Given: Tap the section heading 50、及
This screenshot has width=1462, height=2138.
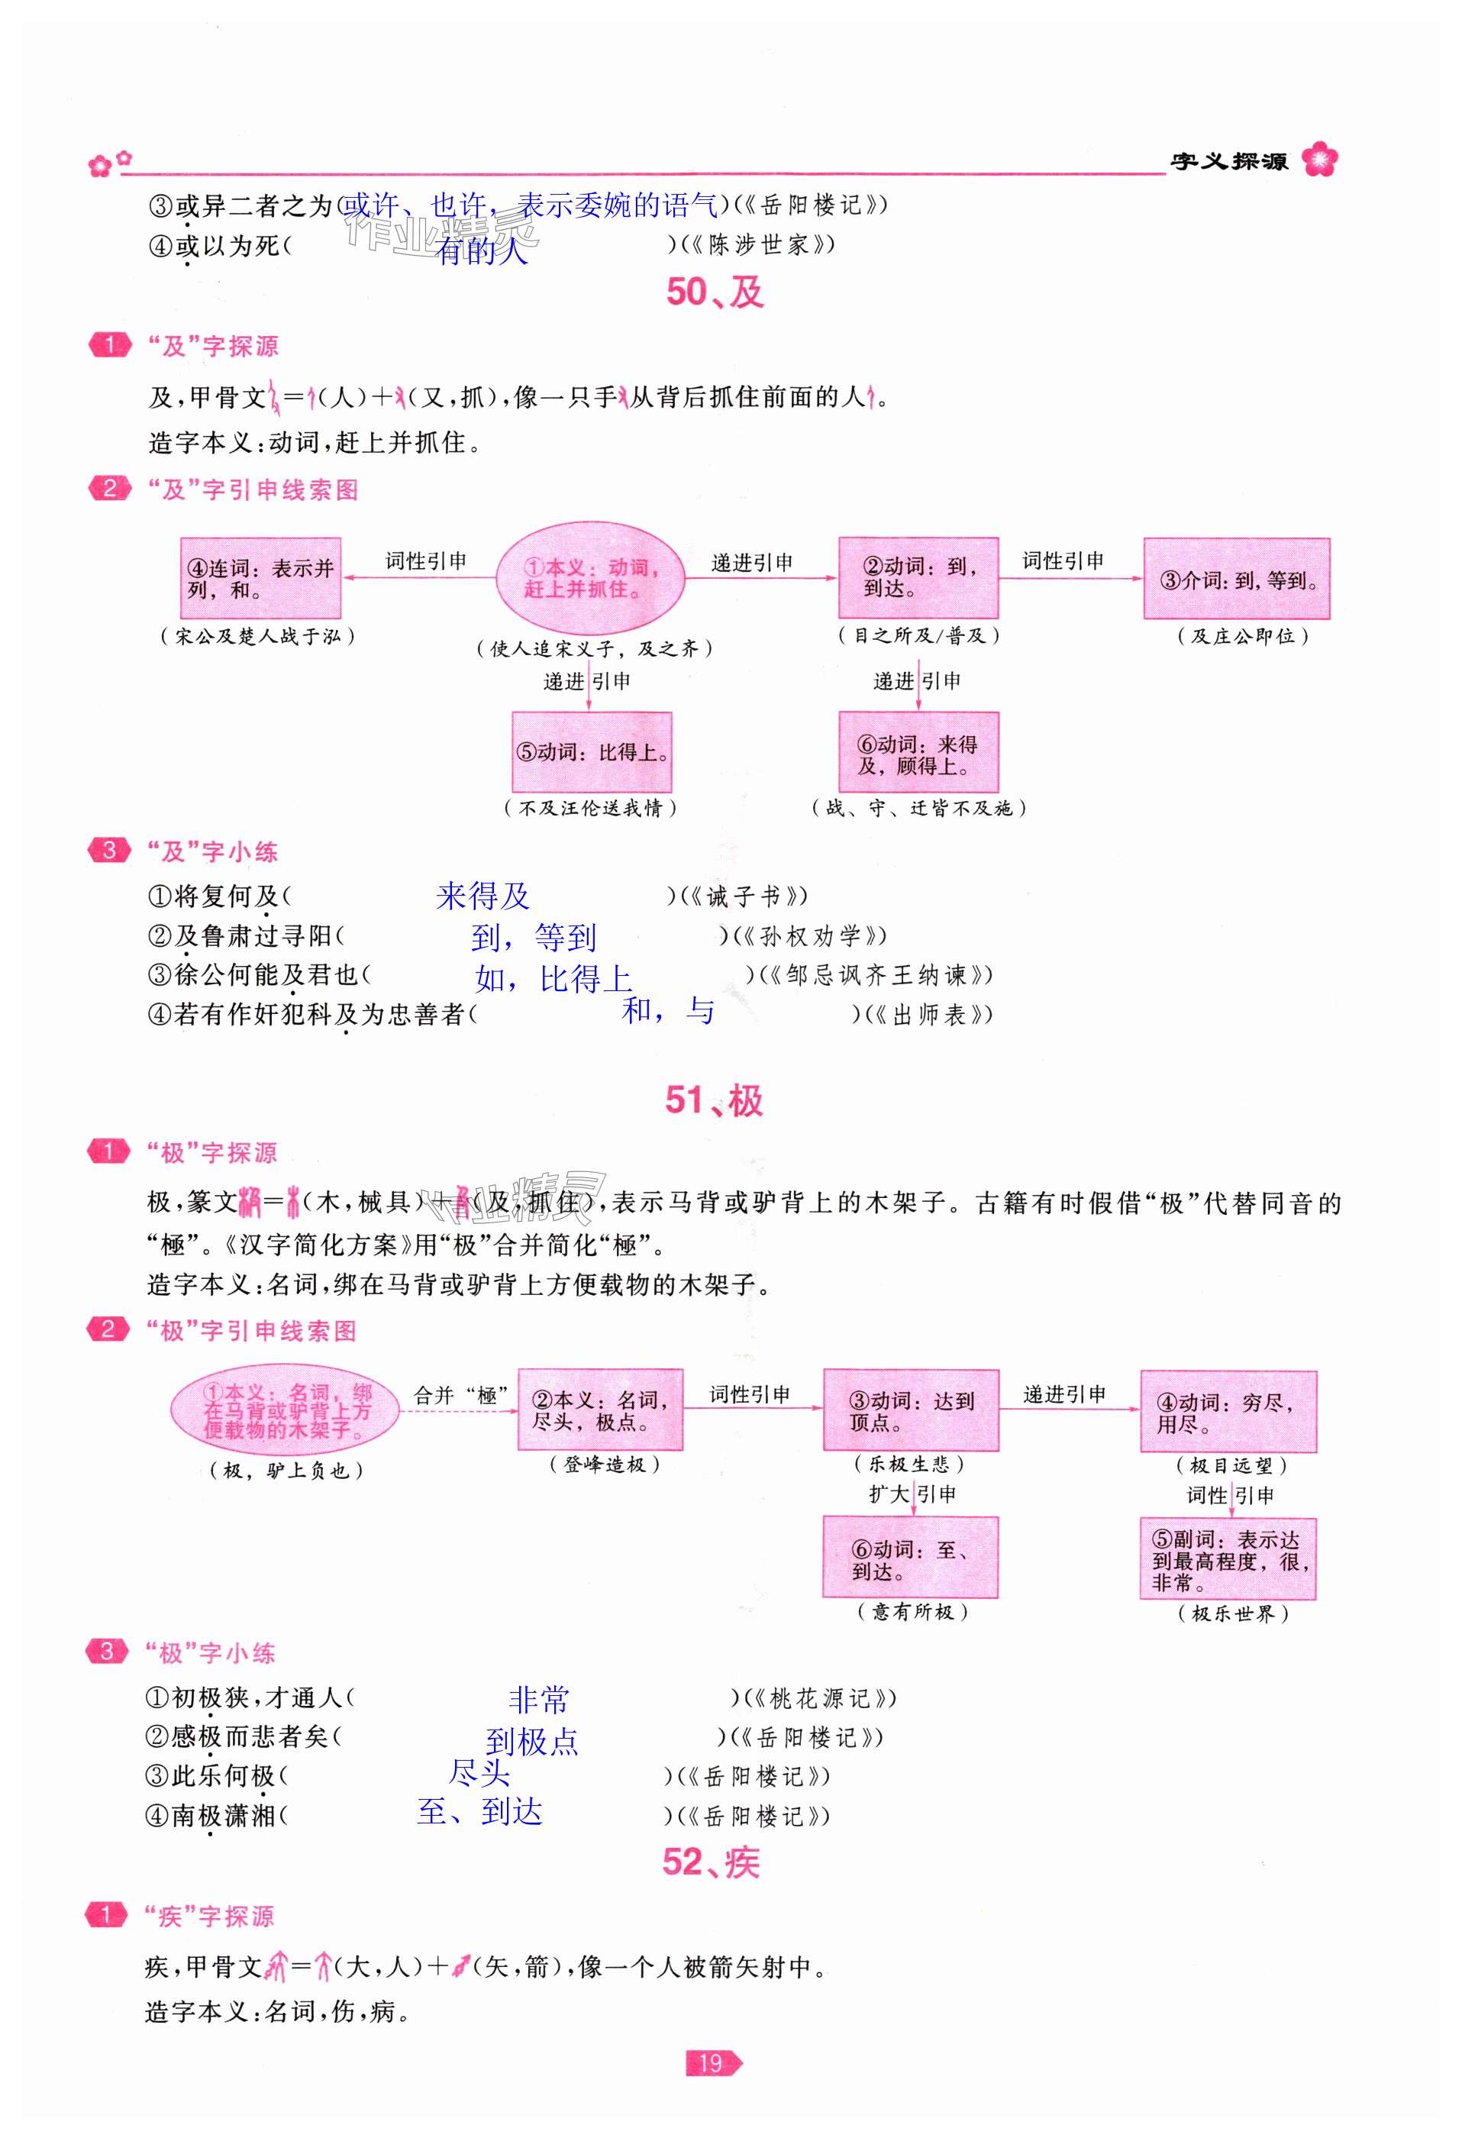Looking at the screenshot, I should [x=714, y=292].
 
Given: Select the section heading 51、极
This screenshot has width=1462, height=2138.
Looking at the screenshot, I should [x=713, y=1100].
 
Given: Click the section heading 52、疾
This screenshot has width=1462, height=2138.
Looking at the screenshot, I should [x=710, y=1862].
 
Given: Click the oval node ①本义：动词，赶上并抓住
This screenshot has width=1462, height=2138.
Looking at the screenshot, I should [x=591, y=578].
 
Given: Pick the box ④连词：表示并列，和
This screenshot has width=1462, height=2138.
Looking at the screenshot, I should [x=260, y=578].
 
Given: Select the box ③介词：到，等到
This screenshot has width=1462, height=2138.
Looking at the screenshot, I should [x=1236, y=579].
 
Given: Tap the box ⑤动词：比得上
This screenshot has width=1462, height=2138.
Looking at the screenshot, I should [x=592, y=751].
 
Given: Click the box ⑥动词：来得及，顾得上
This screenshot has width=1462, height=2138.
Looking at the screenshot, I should [x=918, y=753].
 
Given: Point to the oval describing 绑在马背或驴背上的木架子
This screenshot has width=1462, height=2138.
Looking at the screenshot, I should [x=286, y=1411].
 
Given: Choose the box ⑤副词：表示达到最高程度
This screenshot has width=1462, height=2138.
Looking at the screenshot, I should [x=1228, y=1559].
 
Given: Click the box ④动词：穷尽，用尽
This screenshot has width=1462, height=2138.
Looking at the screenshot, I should [x=1228, y=1412].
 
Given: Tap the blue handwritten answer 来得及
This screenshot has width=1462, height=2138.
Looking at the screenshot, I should [x=483, y=896].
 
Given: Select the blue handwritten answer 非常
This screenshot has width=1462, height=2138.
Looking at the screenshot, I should [x=538, y=1699].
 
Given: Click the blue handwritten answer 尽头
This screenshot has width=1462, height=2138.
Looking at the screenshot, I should [x=479, y=1771].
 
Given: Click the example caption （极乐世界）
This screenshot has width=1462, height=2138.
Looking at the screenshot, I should [x=1232, y=1613].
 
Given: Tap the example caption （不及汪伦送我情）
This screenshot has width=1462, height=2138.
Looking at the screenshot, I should [x=590, y=808].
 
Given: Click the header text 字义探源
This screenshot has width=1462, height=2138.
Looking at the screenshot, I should [x=1228, y=161].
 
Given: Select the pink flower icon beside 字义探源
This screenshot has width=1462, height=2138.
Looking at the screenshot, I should [x=1319, y=160].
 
